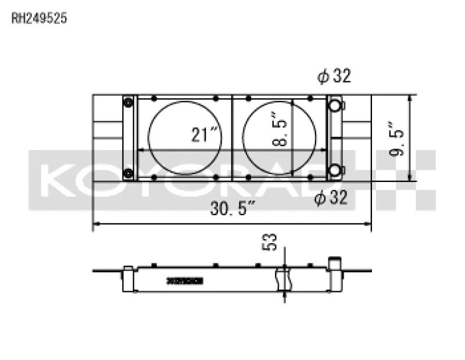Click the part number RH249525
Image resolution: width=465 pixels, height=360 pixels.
coord(40,18)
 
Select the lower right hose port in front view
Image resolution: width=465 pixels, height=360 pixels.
coord(335,170)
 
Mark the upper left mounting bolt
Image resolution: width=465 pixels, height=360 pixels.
coord(128,104)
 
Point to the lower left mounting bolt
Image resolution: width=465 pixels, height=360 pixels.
coord(128,172)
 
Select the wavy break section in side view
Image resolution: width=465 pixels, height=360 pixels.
coord(284,279)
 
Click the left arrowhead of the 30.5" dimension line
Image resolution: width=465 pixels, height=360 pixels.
coord(96,223)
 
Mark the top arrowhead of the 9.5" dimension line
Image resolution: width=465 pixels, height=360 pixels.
coord(411,98)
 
